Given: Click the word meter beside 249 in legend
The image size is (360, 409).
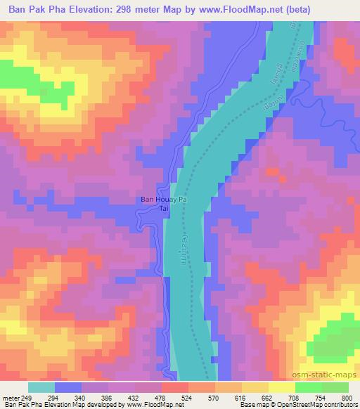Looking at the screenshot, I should [12, 397].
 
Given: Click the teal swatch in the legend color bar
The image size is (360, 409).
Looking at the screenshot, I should [41, 387].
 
